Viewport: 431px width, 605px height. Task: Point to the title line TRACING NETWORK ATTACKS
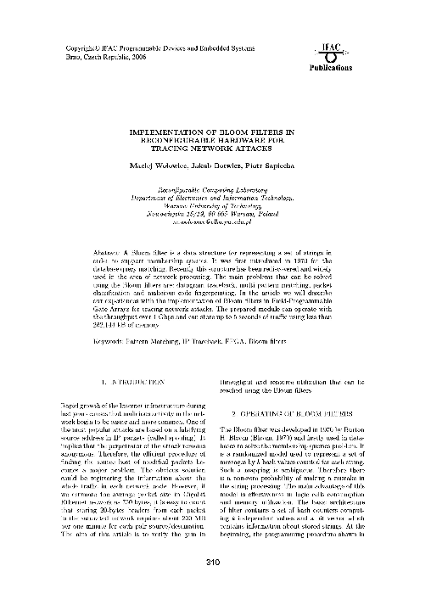[215, 149]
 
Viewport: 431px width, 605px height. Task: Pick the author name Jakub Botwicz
[217, 165]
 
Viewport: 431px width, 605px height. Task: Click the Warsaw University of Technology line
[215, 201]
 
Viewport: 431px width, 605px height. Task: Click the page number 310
[215, 562]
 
